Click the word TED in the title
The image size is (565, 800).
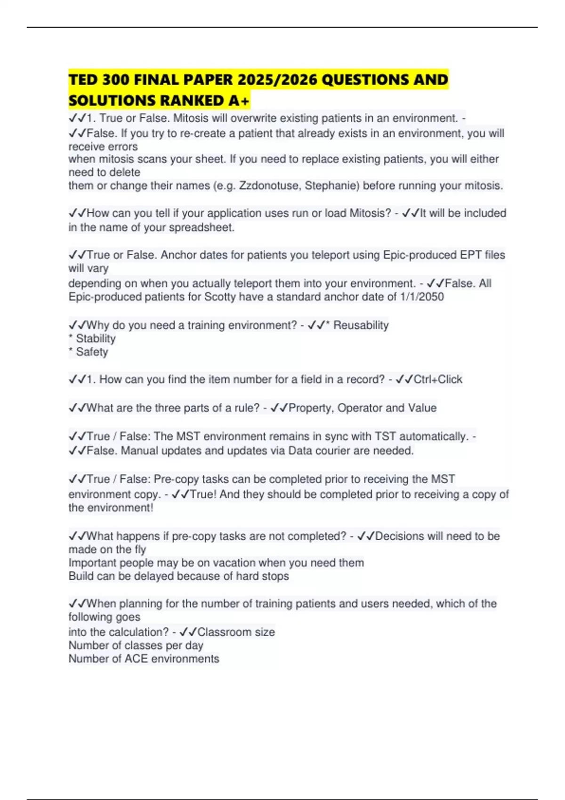pyautogui.click(x=83, y=80)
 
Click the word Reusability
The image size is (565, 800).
pyautogui.click(x=361, y=325)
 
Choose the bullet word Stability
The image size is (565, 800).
pyautogui.click(x=96, y=338)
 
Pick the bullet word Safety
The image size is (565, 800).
pyautogui.click(x=92, y=352)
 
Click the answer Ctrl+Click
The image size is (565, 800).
pyautogui.click(x=438, y=379)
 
